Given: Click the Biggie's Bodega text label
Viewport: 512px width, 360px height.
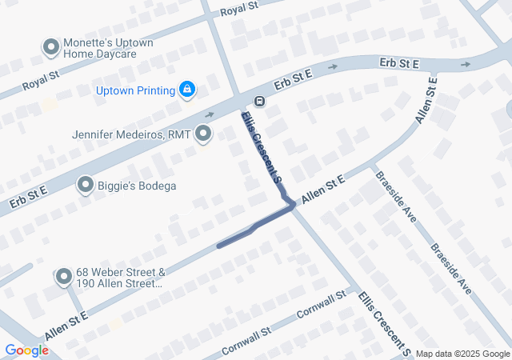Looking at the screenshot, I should (x=138, y=186).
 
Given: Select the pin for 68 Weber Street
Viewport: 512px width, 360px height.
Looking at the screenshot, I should (x=64, y=278).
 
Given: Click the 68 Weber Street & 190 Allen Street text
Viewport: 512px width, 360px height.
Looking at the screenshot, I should (x=121, y=278).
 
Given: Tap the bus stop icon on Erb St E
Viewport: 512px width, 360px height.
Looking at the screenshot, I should (x=259, y=101).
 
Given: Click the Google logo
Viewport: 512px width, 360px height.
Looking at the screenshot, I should (x=26, y=350).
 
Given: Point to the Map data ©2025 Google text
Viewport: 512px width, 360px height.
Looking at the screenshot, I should (x=462, y=354).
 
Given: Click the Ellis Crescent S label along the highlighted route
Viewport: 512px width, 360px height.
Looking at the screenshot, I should (x=262, y=148).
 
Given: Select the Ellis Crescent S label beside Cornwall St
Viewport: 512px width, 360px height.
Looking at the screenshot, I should (x=383, y=323).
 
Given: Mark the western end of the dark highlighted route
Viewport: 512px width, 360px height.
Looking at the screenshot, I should (x=219, y=246).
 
